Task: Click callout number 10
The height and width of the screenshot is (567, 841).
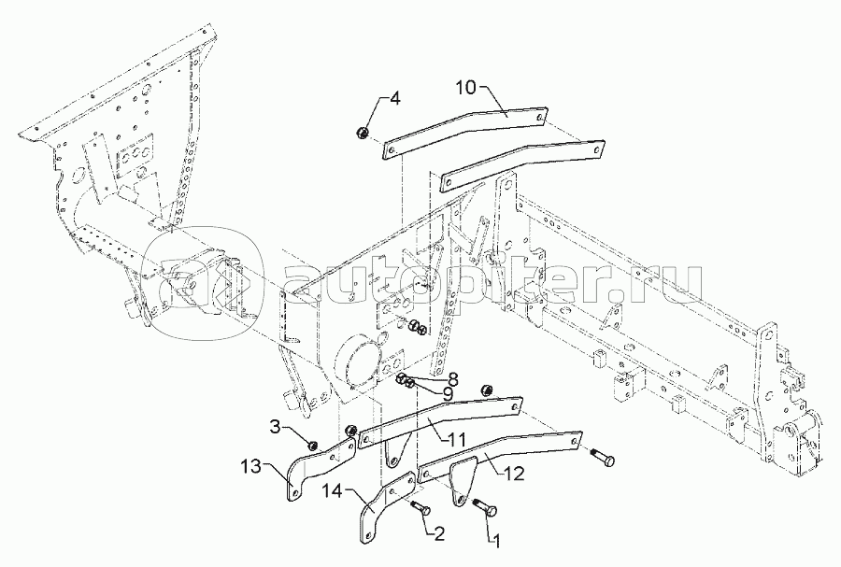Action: [466, 88]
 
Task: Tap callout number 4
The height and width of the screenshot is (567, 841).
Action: [394, 99]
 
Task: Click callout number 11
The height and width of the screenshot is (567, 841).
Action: [456, 438]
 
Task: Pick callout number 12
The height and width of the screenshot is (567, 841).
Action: [514, 474]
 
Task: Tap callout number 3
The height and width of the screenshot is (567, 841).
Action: [275, 428]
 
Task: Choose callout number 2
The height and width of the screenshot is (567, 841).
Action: [439, 533]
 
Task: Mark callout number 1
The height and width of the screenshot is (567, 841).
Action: [496, 542]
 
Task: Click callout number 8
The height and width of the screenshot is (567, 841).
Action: [452, 379]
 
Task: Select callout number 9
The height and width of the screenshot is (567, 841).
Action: [449, 395]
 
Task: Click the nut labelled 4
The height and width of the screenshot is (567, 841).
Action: [363, 133]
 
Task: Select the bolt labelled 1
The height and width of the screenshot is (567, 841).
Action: [485, 506]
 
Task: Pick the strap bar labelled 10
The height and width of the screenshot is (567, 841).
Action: [465, 133]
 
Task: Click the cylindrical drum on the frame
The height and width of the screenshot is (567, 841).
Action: [354, 361]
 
